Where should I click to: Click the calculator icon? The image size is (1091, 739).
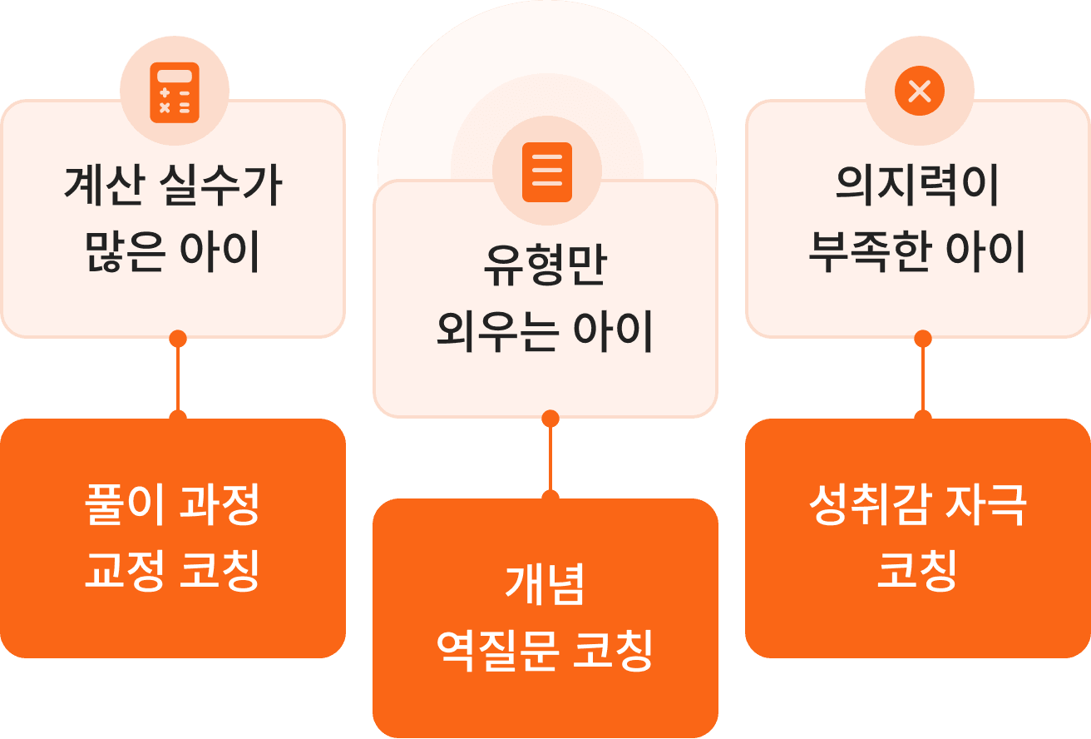click(x=174, y=92)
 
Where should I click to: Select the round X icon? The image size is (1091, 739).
click(x=919, y=91)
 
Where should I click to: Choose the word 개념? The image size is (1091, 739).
click(x=545, y=585)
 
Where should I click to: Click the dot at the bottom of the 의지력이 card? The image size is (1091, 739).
click(x=923, y=339)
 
